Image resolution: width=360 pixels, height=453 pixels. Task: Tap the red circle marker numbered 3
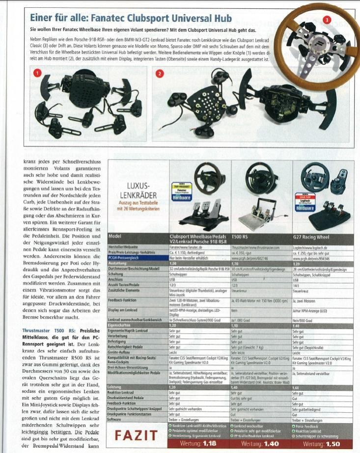(x=327, y=20)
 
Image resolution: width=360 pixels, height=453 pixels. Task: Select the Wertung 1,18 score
(x=198, y=444)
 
